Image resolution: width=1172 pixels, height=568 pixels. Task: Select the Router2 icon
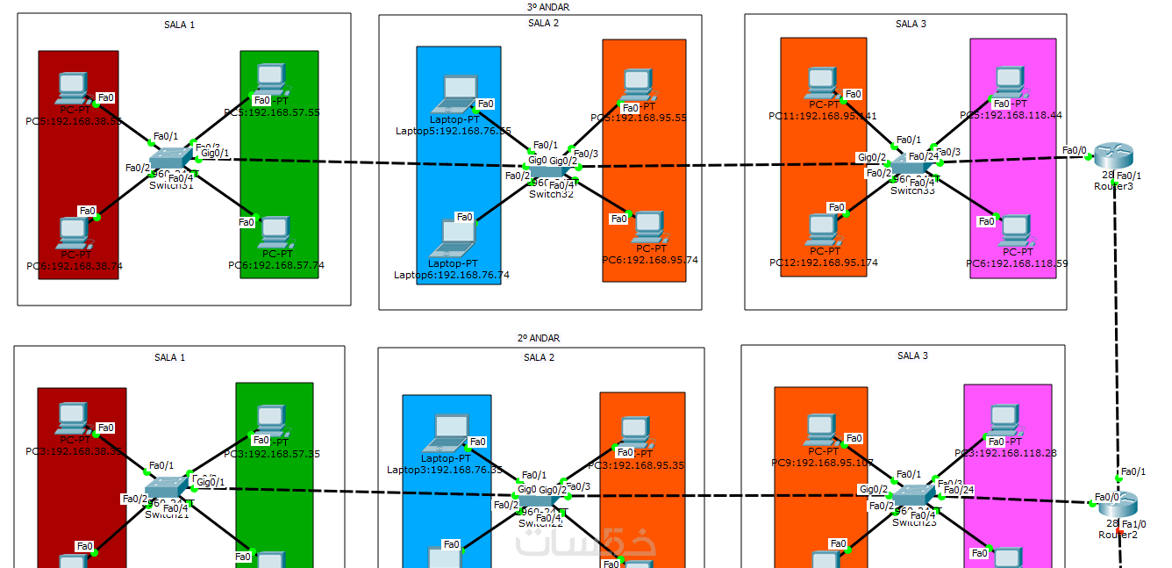coord(1119,503)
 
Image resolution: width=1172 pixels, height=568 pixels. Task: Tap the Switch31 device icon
coord(170,160)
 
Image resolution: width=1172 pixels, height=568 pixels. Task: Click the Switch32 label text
coord(550,194)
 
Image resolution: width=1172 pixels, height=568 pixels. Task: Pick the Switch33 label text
coord(913,190)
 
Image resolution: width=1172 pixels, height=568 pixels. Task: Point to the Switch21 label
coord(167,515)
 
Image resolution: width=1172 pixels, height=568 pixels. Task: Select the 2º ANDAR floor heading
coord(539,338)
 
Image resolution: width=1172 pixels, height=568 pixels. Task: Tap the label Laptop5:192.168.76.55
coord(454,131)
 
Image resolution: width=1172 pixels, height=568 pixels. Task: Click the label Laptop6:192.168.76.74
coord(452,275)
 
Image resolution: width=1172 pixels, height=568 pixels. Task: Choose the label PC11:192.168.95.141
coord(823,116)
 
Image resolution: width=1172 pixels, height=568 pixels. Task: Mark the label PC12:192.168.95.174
coord(824,262)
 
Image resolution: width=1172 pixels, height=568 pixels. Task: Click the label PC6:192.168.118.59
coord(1017,263)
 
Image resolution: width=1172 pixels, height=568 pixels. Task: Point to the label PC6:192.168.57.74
coord(275,265)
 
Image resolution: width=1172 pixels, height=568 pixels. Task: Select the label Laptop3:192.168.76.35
coord(445,470)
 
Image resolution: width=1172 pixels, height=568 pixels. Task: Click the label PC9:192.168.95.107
coord(823,463)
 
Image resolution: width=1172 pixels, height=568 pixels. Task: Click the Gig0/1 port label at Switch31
coord(215,154)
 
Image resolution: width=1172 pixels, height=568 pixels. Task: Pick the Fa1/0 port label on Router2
coord(1133,524)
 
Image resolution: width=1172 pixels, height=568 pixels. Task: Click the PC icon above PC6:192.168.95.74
coord(648,226)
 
